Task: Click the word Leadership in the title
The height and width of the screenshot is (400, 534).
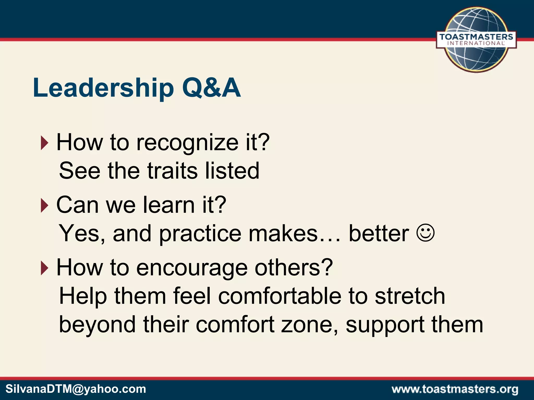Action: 103,88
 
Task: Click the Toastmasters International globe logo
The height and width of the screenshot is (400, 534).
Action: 476,40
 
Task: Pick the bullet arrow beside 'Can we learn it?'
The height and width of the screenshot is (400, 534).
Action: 45,205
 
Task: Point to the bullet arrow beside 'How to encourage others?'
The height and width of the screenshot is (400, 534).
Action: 45,268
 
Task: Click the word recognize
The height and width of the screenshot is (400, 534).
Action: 187,143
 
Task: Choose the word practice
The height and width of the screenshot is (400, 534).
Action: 200,234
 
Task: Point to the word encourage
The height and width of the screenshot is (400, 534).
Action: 192,268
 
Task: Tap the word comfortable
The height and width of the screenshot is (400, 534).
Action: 280,296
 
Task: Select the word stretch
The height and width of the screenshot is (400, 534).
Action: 410,296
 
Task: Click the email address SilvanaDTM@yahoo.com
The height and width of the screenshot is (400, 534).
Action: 76,389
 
